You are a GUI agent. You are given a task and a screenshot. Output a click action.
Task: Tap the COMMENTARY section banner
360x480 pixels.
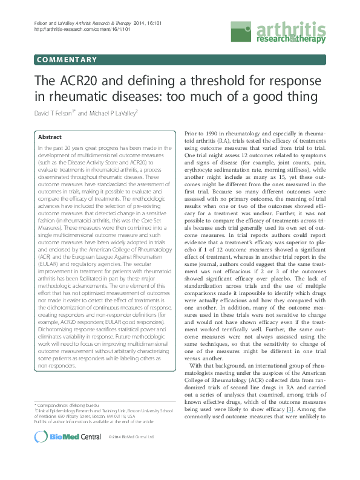(x=67, y=59)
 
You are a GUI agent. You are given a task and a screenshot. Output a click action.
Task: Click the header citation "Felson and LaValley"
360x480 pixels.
(x=54, y=22)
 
